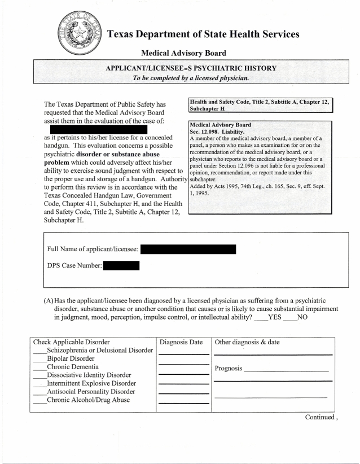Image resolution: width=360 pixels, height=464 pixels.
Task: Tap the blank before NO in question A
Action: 290,317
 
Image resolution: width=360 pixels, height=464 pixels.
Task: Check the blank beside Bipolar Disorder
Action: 39,358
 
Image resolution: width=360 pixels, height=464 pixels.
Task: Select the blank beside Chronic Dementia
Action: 39,367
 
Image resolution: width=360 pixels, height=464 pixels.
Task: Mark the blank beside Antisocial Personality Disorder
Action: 39,392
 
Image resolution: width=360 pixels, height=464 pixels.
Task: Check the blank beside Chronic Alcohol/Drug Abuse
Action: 39,400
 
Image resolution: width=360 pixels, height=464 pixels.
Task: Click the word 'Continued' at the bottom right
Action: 323,418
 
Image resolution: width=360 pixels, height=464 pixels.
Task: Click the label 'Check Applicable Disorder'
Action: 71,342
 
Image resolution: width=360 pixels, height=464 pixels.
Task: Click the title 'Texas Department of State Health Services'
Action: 203,34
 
